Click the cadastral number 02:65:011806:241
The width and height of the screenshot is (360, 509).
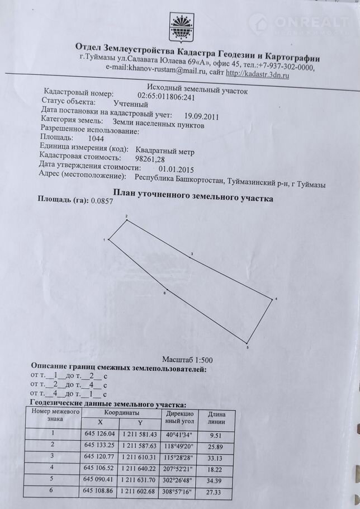tap(166, 96)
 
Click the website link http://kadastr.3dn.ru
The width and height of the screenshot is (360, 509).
tap(258, 73)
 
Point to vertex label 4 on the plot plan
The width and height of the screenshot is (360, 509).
tap(276, 299)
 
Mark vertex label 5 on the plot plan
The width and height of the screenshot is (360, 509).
tap(248, 348)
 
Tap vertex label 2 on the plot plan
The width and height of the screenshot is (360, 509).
tap(126, 216)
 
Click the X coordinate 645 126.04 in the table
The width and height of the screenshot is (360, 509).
tap(99, 433)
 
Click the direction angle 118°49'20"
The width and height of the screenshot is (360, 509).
tap(179, 446)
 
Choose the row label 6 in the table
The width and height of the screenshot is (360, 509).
tap(54, 491)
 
